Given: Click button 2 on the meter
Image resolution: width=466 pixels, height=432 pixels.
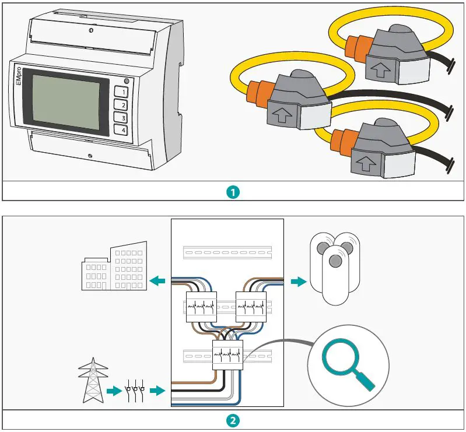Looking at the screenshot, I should (123, 105).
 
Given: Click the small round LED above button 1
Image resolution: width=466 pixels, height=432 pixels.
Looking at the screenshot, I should (127, 81).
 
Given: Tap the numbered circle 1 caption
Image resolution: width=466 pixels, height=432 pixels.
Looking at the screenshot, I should (233, 192).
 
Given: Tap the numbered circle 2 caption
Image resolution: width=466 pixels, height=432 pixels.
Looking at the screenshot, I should (233, 420).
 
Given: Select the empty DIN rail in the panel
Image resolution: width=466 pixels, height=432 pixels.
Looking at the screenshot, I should (227, 252).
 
